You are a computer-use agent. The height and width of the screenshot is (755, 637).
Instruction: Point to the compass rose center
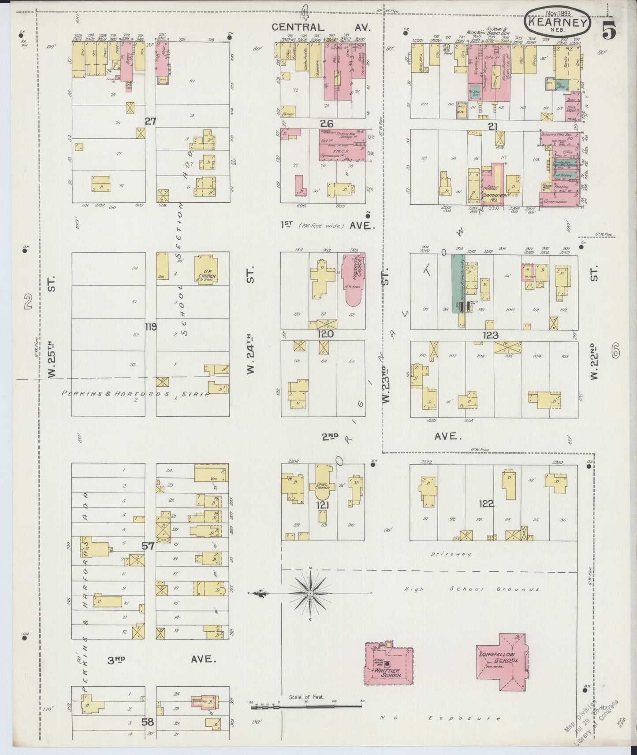click(311, 593)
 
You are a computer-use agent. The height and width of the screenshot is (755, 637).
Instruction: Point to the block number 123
click(490, 335)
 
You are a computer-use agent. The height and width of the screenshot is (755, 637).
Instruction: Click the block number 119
click(151, 327)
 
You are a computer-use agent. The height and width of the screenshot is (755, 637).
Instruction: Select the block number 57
click(148, 546)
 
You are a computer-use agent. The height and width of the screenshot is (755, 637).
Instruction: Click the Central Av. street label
click(320, 27)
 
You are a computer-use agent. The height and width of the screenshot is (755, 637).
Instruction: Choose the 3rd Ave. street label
click(161, 659)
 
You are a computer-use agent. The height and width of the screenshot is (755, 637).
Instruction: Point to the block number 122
click(486, 503)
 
